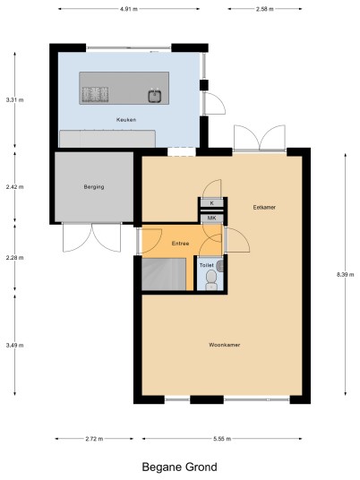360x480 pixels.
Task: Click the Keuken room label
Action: pyautogui.click(x=126, y=120)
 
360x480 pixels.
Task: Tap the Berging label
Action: pyautogui.click(x=94, y=187)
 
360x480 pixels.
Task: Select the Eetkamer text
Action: pyautogui.click(x=264, y=207)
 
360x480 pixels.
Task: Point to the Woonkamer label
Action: pyautogui.click(x=225, y=345)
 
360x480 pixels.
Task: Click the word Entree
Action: pyautogui.click(x=180, y=244)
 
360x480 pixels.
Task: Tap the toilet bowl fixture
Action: pyautogui.click(x=211, y=280)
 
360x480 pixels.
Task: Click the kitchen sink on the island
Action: pyautogui.click(x=155, y=96)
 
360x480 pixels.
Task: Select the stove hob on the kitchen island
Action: pyautogui.click(x=95, y=94)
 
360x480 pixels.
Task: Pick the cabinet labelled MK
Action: pyautogui.click(x=212, y=219)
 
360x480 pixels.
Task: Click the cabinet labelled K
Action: pyautogui.click(x=212, y=203)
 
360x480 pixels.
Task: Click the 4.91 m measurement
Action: pyautogui.click(x=129, y=9)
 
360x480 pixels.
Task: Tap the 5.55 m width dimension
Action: pyautogui.click(x=222, y=439)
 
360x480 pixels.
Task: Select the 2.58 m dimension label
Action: pyautogui.click(x=265, y=9)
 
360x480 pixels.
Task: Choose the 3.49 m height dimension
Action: pyautogui.click(x=14, y=346)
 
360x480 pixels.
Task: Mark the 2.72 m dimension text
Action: pyautogui.click(x=94, y=439)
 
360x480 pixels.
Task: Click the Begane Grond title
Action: pyautogui.click(x=180, y=467)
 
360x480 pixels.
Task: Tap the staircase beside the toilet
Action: pyautogui.click(x=164, y=274)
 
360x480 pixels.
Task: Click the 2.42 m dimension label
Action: pyautogui.click(x=14, y=187)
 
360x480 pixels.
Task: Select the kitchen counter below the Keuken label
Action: pyautogui.click(x=107, y=139)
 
